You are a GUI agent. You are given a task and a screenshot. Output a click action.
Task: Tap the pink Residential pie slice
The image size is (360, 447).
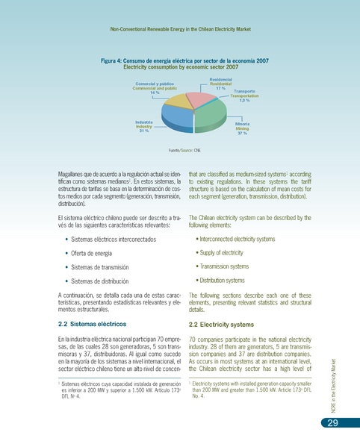pos(200,99)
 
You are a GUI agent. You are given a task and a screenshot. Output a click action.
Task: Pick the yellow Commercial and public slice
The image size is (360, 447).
pos(179,100)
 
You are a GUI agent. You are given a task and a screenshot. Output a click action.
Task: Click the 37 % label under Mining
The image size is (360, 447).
pos(242,134)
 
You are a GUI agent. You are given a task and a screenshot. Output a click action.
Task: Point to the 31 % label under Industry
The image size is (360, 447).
pos(145,131)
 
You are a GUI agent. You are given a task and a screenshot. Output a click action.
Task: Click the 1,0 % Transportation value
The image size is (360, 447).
pos(244,101)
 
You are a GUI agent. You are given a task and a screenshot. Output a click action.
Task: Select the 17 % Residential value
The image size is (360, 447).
pos(220,88)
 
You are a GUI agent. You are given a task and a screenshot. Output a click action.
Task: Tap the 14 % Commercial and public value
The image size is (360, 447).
pos(155,93)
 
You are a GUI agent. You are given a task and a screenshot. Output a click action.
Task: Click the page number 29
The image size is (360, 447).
pos(329,425)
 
